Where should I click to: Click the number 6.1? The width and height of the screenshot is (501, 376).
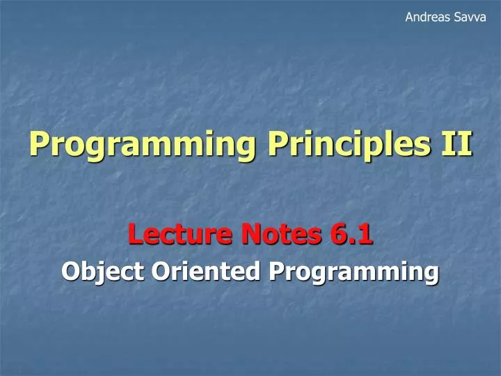point(351,236)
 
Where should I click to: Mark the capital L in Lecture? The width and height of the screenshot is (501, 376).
point(135,236)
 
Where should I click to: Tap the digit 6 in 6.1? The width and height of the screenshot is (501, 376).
point(337,236)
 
